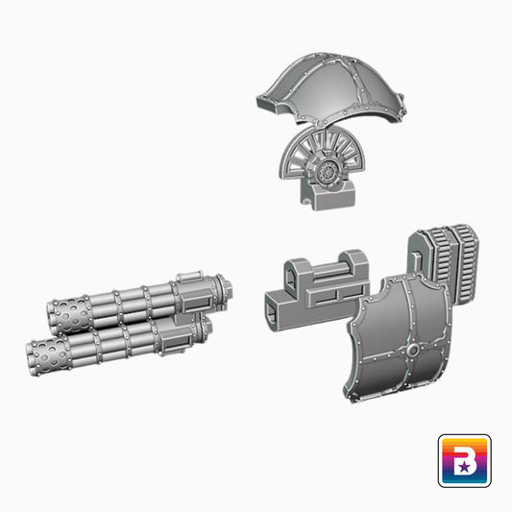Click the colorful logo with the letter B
tap(464, 460)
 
